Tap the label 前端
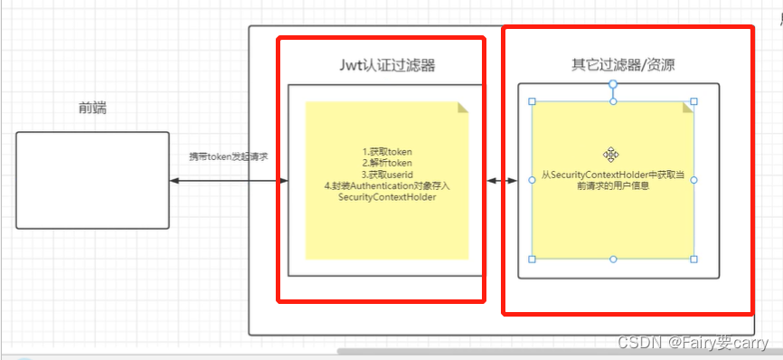point(92,109)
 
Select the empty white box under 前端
point(92,180)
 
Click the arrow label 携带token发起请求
point(228,156)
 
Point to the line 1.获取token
point(386,151)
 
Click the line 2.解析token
point(386,163)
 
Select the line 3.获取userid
point(386,174)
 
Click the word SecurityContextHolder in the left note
point(386,197)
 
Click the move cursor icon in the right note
point(611,154)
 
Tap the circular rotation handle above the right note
point(613,84)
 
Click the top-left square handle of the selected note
point(533,101)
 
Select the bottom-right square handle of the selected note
point(693,260)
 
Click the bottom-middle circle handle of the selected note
point(613,260)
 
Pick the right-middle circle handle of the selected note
point(693,180)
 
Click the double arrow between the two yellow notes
point(495,181)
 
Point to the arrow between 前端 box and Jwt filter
point(228,182)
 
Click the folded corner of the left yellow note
point(463,107)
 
